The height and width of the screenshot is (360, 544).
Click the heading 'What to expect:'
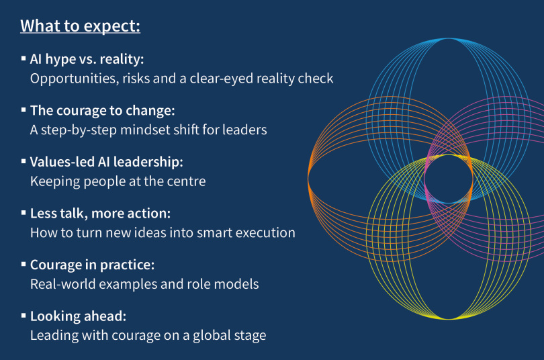coord(80,26)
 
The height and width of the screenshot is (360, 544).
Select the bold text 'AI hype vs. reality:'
coord(87,59)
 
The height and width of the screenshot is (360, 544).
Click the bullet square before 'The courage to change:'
coord(24,110)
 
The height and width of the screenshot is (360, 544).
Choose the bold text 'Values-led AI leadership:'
coord(107,162)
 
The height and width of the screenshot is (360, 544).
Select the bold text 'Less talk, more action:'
coord(100,214)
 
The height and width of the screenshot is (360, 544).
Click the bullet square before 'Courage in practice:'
coord(24,264)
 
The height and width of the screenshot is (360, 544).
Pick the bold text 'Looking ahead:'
coord(78,316)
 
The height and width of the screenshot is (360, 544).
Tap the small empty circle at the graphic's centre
coord(448,179)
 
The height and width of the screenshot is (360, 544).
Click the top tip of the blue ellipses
coord(448,38)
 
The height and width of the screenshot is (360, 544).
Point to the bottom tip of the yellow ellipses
coord(448,319)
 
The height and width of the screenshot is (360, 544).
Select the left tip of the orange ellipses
coord(308,179)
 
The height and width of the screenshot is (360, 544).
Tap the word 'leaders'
coord(244,130)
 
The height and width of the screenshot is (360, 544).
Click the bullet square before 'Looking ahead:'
coord(24,316)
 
